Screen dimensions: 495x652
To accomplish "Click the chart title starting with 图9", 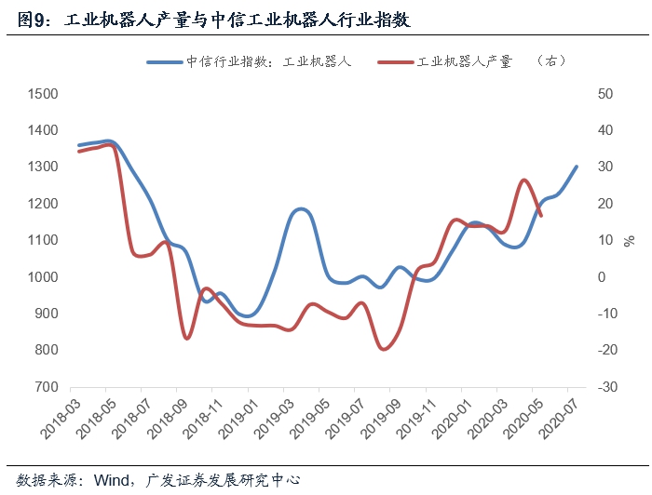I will point(214,20).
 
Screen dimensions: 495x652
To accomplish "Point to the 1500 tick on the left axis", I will point(43,94).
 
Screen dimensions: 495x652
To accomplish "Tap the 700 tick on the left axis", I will point(47,387).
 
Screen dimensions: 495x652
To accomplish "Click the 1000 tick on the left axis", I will point(43,277).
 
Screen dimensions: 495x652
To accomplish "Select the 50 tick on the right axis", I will point(606,94).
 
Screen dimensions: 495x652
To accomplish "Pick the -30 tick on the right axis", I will point(606,387).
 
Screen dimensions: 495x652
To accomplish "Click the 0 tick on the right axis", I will point(602,277).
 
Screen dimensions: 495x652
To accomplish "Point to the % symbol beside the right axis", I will point(630,241).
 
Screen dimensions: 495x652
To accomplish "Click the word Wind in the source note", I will point(111,480).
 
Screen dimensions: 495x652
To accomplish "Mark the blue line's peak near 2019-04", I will point(300,209).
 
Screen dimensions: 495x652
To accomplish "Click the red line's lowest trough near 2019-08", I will point(384,349).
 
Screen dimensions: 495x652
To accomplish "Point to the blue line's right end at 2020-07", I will point(577,167).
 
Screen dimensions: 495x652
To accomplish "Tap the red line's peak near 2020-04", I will point(524,180).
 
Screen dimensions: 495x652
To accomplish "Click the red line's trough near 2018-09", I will point(186,338).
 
